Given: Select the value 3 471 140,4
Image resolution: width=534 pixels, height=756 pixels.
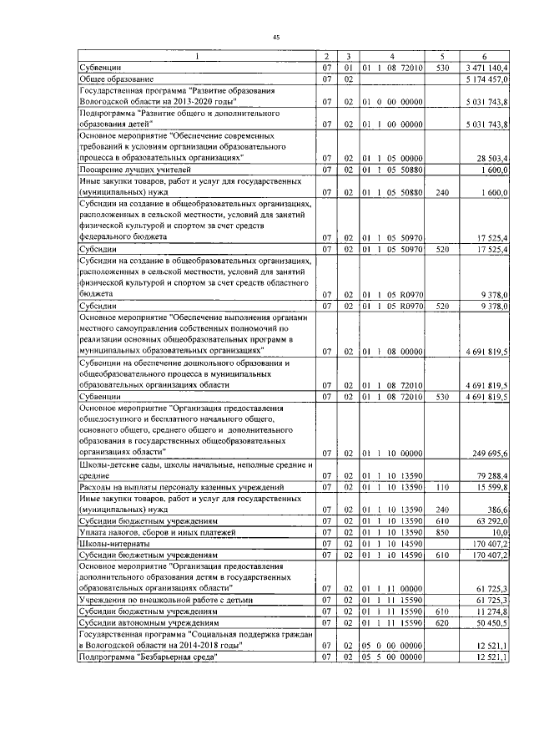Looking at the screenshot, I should [x=486, y=66].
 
